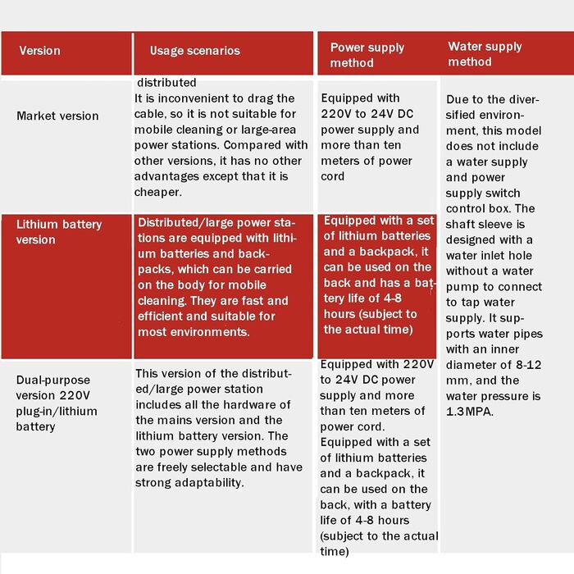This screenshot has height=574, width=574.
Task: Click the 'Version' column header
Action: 39,51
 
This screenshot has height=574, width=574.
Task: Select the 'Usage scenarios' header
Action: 194,51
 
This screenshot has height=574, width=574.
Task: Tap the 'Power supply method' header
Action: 367,55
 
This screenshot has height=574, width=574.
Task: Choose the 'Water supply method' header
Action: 485,54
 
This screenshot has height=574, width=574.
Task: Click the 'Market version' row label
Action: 57,116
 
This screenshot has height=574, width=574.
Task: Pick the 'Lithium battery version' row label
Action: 59,232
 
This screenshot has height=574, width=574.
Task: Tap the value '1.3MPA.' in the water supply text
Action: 470,412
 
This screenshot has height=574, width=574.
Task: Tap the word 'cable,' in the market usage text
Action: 154,114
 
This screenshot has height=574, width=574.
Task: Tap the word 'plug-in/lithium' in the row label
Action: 57,411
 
